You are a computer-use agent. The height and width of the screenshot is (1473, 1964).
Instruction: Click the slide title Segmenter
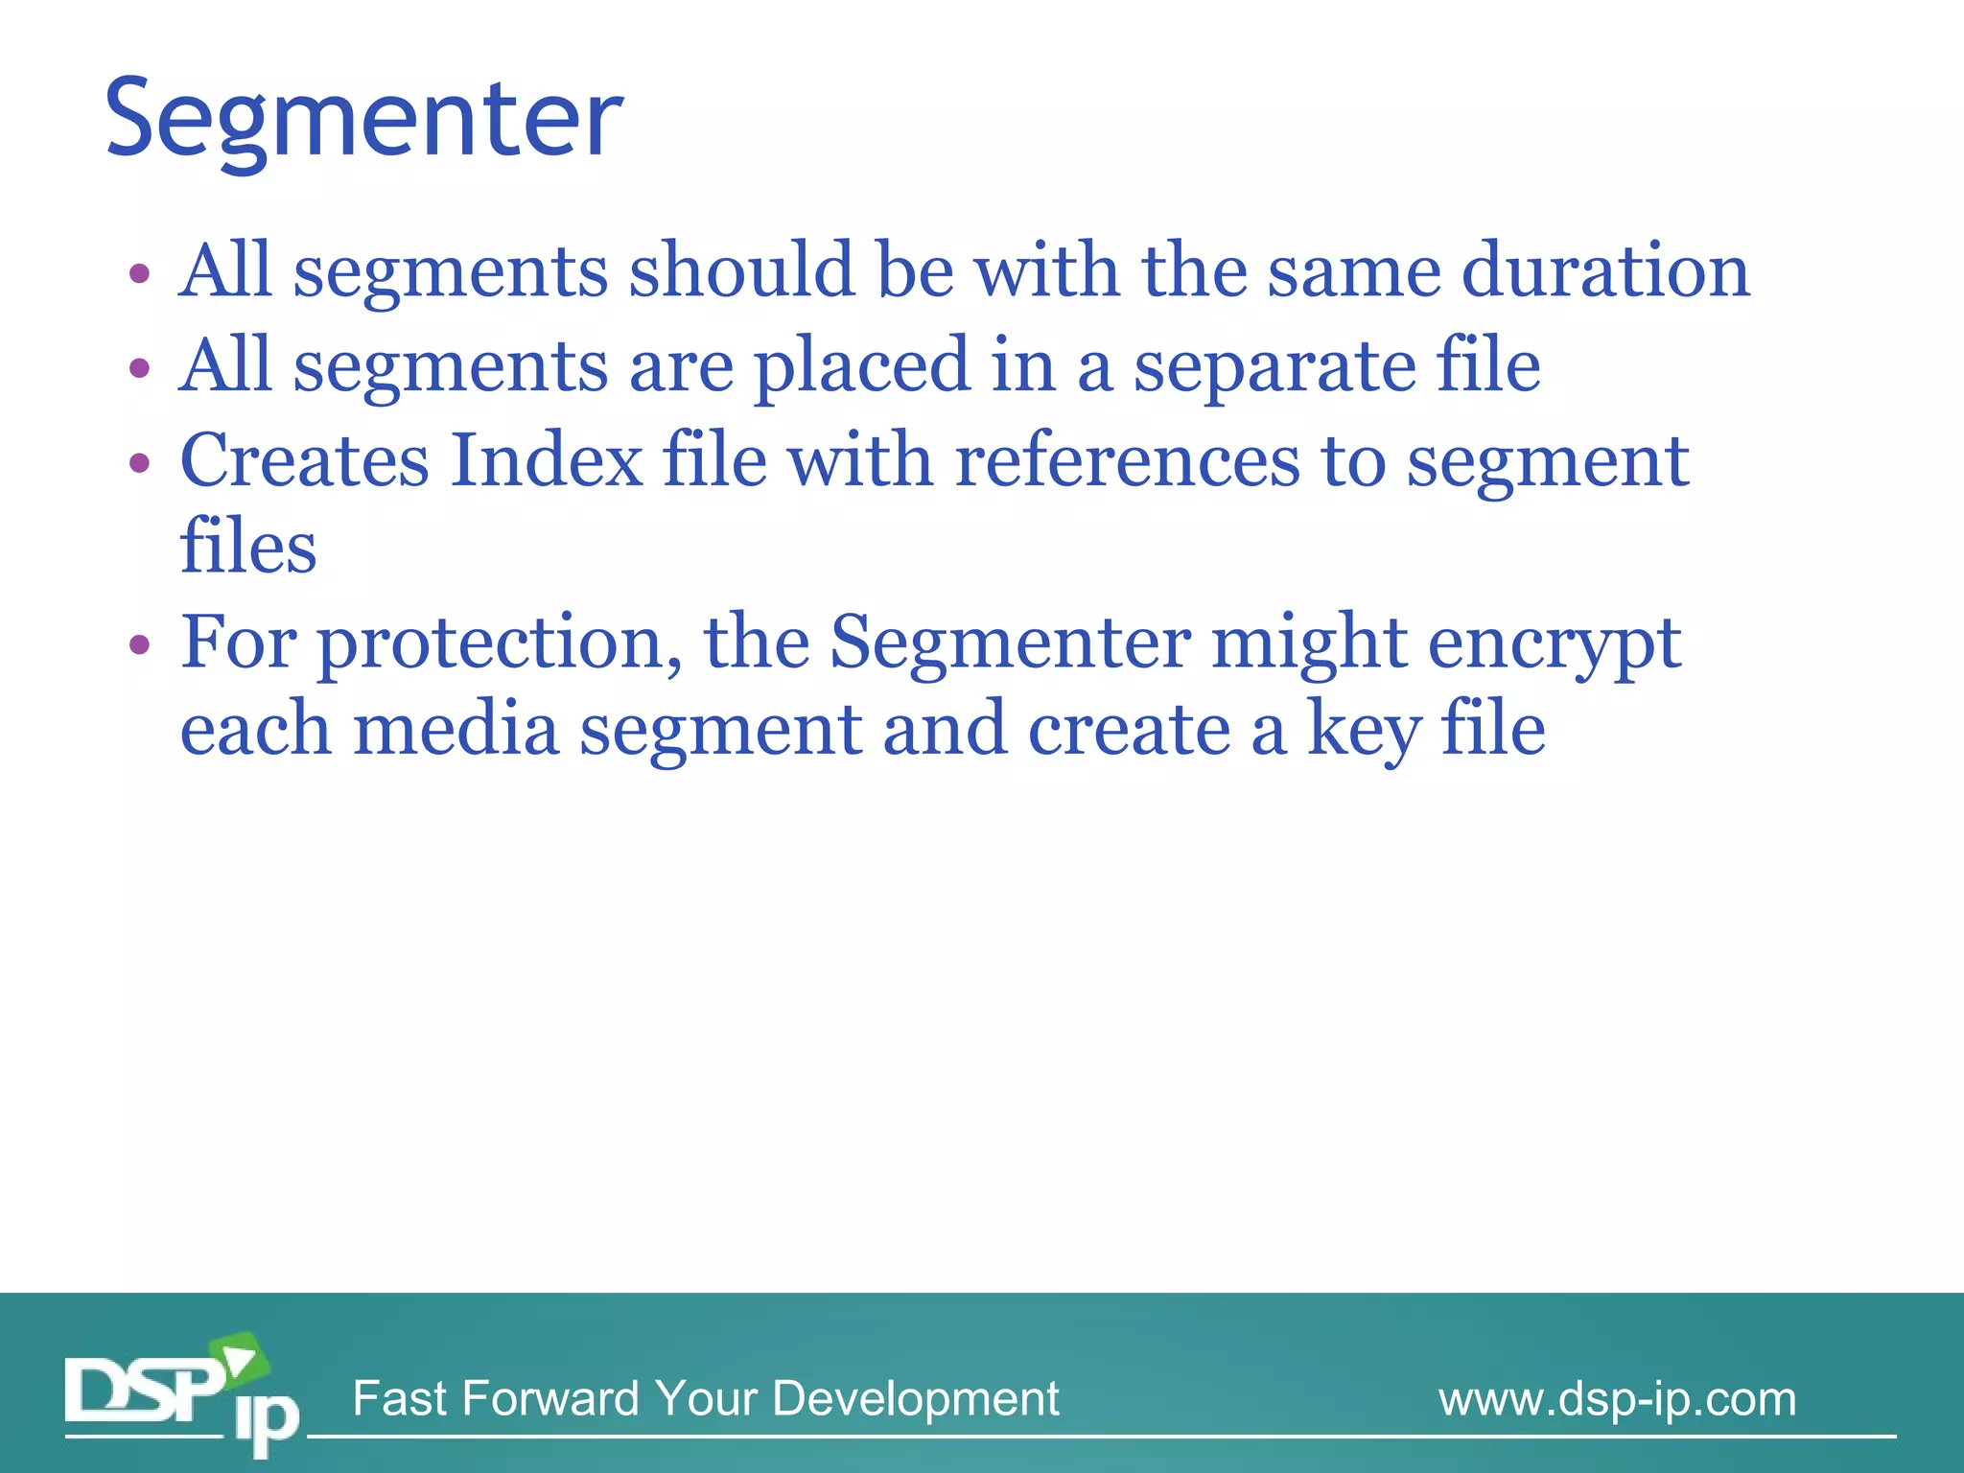click(363, 119)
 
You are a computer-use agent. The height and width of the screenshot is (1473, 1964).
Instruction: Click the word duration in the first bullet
click(1605, 270)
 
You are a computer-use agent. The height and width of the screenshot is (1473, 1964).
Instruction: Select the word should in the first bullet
click(740, 270)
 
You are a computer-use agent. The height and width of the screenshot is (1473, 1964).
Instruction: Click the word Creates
click(304, 461)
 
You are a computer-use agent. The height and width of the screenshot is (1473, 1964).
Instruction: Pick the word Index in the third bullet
click(546, 461)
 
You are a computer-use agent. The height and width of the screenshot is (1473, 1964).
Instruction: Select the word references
click(1127, 461)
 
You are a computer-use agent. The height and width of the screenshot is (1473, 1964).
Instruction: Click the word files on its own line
click(248, 547)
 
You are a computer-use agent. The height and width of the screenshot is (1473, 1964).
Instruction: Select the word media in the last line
click(456, 729)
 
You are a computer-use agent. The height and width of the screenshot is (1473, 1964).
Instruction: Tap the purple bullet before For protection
click(140, 643)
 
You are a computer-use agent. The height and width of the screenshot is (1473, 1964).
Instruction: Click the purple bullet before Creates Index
click(140, 463)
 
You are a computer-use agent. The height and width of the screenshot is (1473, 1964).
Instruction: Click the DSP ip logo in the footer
click(181, 1395)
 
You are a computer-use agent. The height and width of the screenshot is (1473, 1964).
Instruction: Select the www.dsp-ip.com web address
click(1617, 1399)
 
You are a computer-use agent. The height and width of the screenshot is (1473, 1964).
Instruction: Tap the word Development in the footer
click(915, 1399)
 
